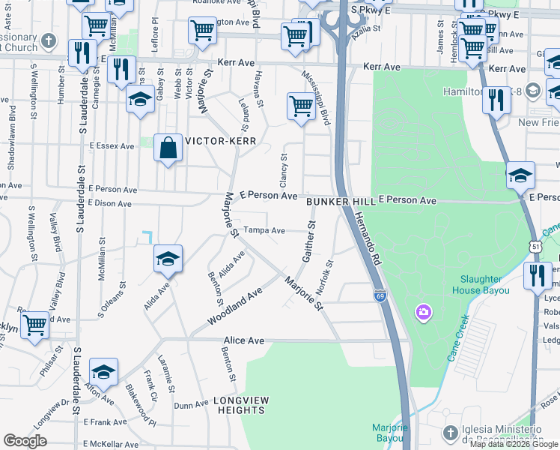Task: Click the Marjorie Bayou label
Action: tap(390, 432)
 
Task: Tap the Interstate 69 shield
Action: tap(380, 296)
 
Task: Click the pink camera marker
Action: tap(424, 311)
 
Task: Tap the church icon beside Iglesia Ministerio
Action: tap(449, 433)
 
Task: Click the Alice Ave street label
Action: tap(244, 340)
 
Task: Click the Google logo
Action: tap(24, 441)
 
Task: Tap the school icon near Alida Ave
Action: tap(168, 259)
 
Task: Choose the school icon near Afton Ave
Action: tap(103, 371)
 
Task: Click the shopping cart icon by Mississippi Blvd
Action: tap(301, 106)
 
